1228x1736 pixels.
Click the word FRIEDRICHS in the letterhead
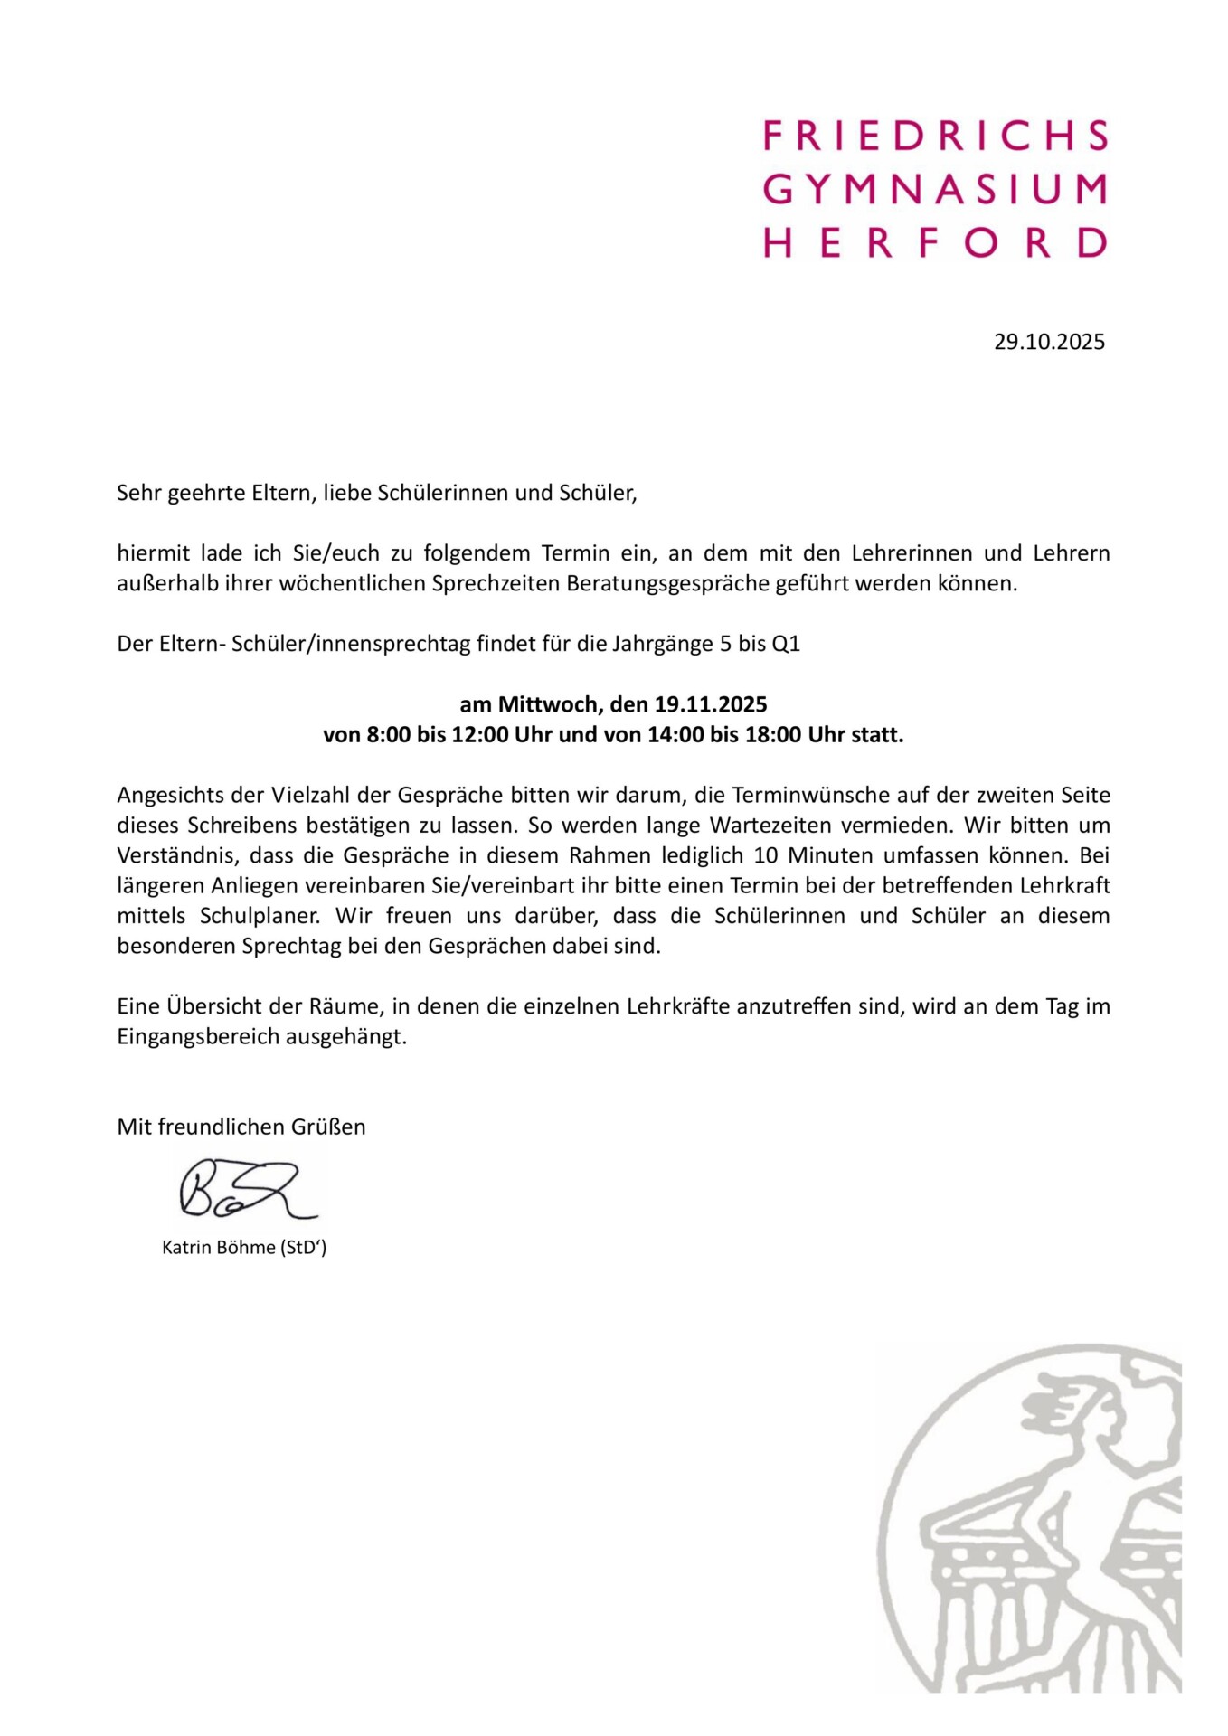[x=935, y=136]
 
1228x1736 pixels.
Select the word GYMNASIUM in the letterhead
[x=935, y=189]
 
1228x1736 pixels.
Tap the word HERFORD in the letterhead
[x=935, y=242]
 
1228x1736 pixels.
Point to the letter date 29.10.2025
[x=1049, y=342]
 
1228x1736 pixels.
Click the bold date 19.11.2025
[x=711, y=704]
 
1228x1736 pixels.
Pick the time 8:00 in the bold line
[x=389, y=734]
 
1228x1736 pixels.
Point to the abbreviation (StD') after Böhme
[x=303, y=1248]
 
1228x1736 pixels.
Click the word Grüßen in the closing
[x=328, y=1127]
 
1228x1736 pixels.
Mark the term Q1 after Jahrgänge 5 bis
[x=786, y=644]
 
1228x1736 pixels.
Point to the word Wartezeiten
[x=896, y=825]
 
